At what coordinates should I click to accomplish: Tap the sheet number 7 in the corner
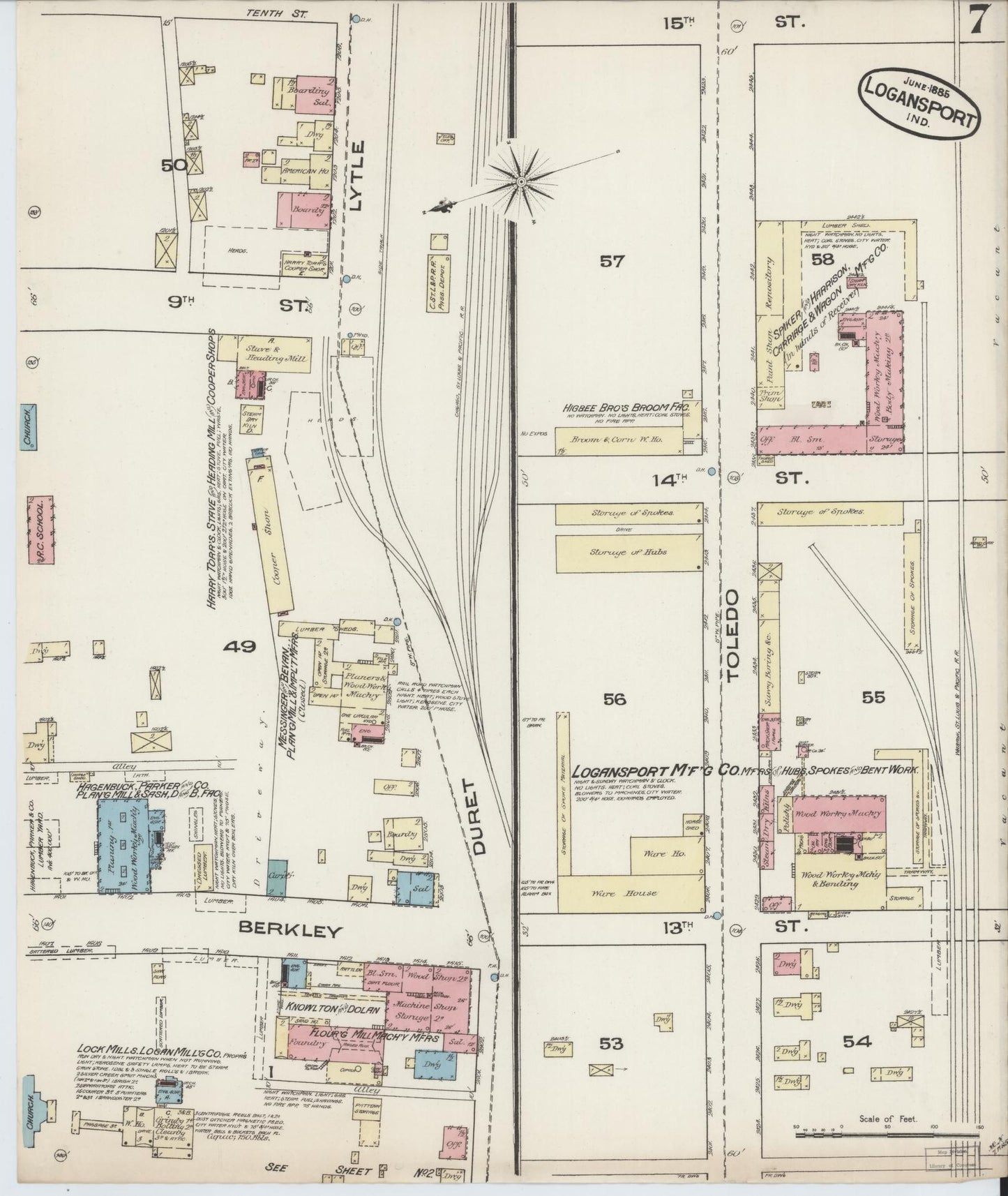pyautogui.click(x=977, y=21)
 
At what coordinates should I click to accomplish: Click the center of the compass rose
pyautogui.click(x=520, y=182)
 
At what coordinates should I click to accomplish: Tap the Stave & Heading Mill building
pyautogui.click(x=266, y=348)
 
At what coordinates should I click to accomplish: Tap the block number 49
pyautogui.click(x=240, y=647)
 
